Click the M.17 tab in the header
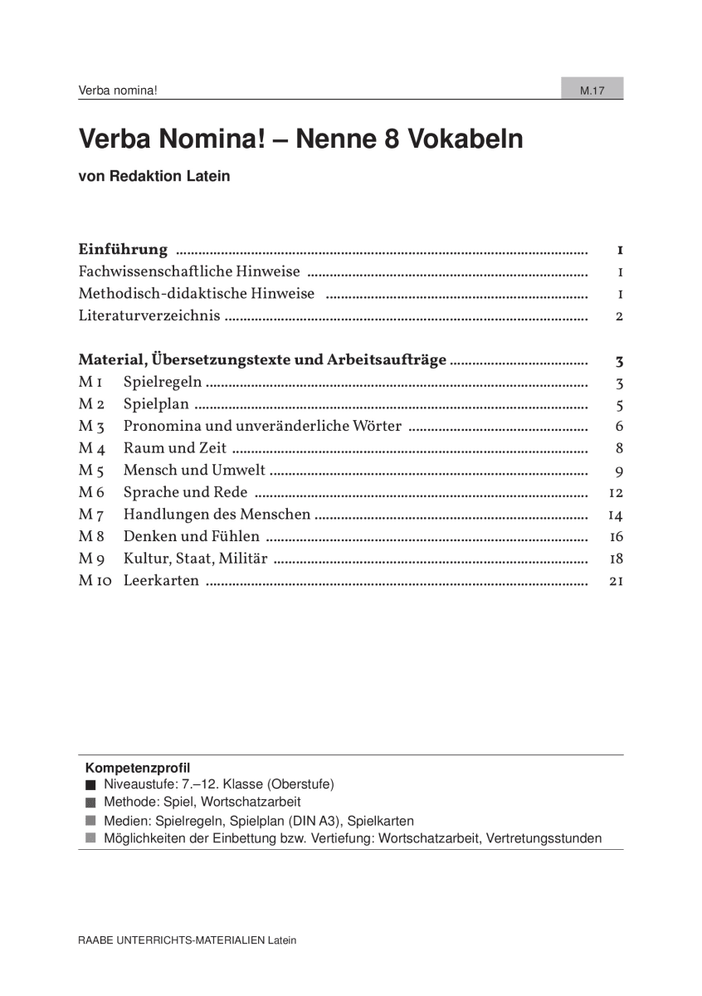592,90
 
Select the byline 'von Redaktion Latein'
154,176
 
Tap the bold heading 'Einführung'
123,250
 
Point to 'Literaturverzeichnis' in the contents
149,315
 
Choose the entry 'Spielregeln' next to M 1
162,383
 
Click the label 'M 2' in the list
90,405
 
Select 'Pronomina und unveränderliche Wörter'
262,427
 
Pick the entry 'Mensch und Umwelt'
194,471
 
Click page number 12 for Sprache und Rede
616,493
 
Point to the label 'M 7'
90,515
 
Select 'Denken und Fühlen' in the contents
191,536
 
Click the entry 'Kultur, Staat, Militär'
195,559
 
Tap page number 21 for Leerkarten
616,581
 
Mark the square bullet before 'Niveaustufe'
90,784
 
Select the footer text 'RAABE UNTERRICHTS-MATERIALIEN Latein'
187,940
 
